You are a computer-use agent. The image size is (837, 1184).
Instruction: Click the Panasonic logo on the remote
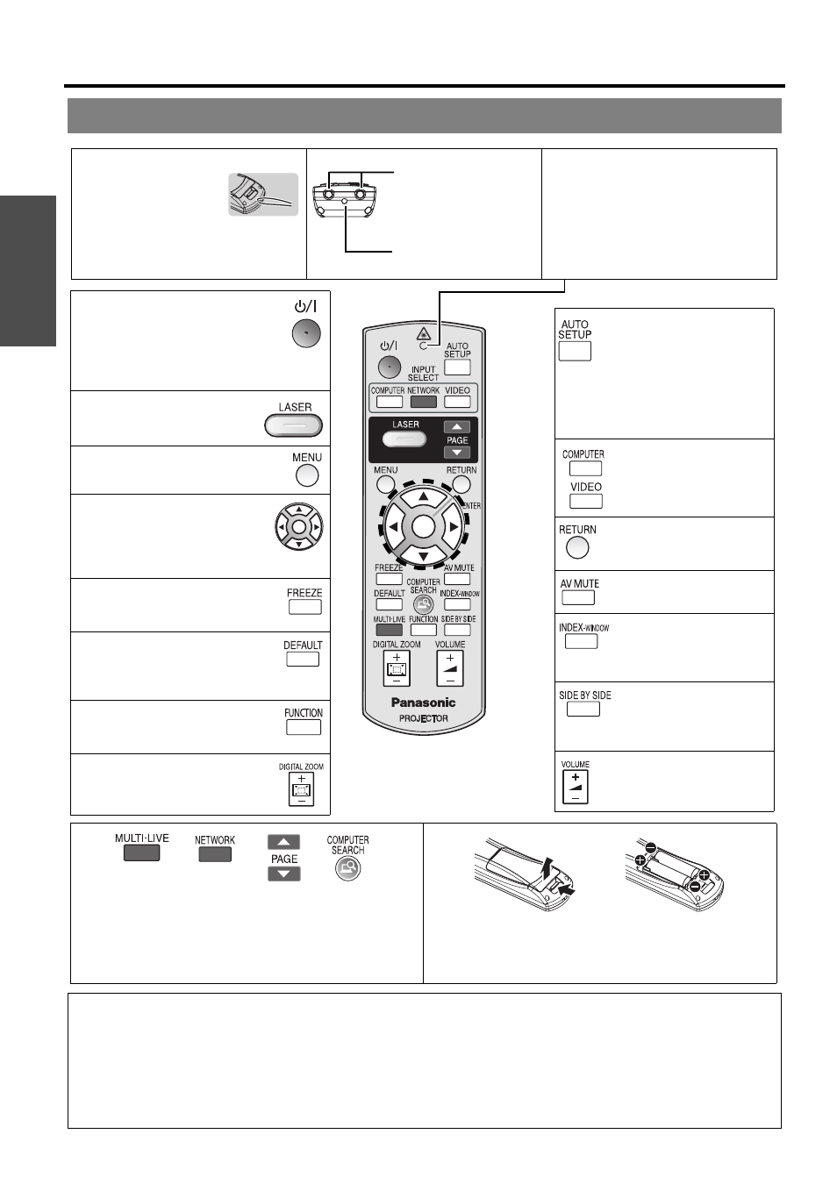(423, 703)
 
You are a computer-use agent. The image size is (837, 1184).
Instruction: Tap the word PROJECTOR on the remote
(423, 718)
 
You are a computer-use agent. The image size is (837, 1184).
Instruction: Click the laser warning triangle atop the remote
(423, 333)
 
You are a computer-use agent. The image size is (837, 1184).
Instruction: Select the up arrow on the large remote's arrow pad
(423, 496)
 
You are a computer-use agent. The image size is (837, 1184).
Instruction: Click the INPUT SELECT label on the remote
(423, 373)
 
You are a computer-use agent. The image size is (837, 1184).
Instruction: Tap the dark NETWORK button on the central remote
(423, 401)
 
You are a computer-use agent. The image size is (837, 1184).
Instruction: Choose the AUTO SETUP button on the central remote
(457, 367)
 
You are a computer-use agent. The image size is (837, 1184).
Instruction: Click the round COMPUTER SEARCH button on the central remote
(423, 604)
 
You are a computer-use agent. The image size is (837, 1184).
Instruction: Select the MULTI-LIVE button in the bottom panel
(142, 852)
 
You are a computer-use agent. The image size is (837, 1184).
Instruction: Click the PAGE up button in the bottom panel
(284, 841)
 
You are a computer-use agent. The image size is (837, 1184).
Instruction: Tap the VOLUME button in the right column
(576, 787)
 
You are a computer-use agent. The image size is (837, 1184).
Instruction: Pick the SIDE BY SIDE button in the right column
(583, 710)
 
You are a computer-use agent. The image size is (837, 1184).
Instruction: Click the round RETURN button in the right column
(576, 547)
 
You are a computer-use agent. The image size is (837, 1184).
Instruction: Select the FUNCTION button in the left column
(304, 727)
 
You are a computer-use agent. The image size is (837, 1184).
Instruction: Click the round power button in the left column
(306, 333)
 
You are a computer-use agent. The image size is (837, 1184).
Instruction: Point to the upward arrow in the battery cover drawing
(549, 867)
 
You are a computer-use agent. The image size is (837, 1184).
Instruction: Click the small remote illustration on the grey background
(263, 194)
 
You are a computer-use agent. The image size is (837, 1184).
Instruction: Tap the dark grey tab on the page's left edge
(28, 271)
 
